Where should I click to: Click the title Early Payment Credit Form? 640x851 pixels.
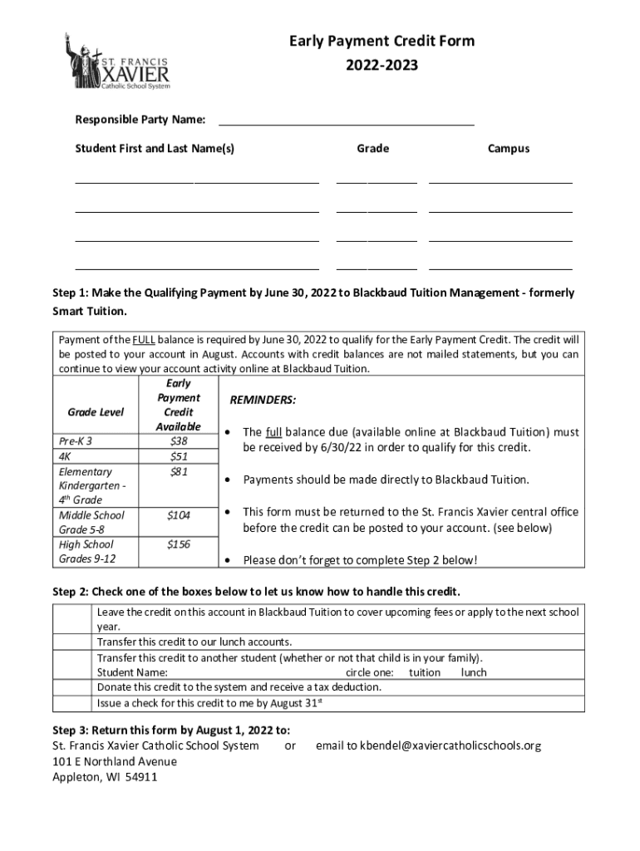[x=382, y=42]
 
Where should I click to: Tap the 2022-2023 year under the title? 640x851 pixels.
[x=382, y=64]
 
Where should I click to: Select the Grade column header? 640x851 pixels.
[x=372, y=149]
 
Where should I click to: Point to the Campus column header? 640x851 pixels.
[x=508, y=149]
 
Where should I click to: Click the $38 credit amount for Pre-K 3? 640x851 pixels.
[x=178, y=441]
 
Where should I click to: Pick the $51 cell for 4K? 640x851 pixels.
[x=178, y=456]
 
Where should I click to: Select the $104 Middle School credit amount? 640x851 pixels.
[x=178, y=515]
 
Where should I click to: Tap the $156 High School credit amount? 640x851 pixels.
[x=178, y=545]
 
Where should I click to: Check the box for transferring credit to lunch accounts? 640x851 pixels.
[x=71, y=642]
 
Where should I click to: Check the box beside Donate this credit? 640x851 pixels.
[x=71, y=687]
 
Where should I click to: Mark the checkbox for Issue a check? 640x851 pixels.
[x=71, y=703]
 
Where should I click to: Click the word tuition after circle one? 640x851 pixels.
[x=425, y=672]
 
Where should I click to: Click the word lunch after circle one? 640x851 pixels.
[x=474, y=672]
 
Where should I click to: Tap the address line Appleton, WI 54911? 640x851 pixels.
[x=105, y=777]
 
